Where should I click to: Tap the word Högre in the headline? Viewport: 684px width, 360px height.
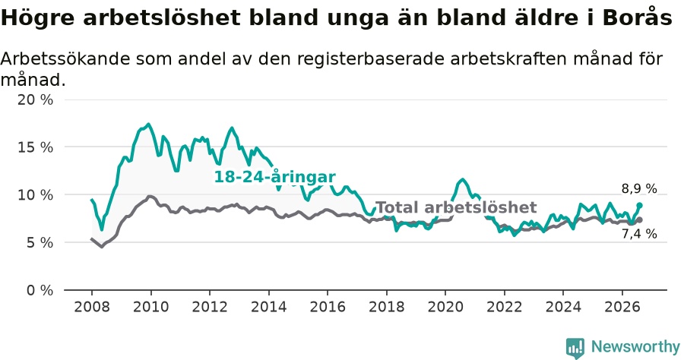39,19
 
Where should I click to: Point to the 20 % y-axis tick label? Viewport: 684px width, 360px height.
35,99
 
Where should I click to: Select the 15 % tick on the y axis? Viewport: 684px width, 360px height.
35,147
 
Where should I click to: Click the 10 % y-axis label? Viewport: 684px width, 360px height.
35,195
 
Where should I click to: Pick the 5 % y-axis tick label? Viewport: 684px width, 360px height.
40,242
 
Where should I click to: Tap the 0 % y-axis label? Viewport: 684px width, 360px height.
40,290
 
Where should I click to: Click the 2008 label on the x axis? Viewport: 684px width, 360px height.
92,307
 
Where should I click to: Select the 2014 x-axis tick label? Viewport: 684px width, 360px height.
269,307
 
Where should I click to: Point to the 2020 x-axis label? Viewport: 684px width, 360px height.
445,307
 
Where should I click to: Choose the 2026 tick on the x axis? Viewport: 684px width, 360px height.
622,307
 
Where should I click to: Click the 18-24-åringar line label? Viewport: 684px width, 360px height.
275,178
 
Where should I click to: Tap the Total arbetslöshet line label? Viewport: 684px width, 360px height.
456,207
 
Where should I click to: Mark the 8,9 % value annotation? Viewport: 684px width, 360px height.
639,188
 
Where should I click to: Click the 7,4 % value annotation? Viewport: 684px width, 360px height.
639,234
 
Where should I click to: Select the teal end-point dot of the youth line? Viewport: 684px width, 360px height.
639,205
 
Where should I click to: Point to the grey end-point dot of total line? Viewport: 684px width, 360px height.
639,220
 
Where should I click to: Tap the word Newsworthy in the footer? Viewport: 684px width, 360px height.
635,347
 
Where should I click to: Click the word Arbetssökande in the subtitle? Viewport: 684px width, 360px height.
65,58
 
